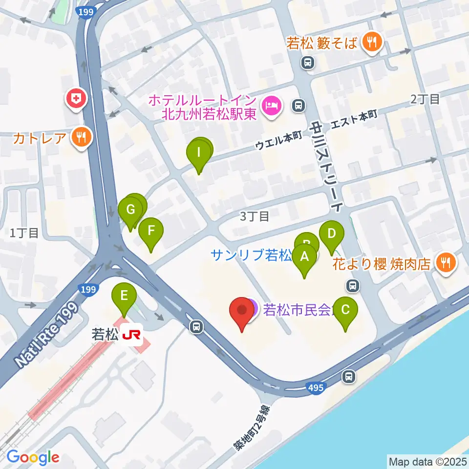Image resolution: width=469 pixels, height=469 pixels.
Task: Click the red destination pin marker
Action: (242, 313)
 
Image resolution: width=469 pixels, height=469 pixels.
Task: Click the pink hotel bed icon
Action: (270, 106)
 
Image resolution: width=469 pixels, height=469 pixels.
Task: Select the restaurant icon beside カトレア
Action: (81, 138)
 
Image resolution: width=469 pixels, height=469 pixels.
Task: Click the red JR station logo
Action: (132, 335)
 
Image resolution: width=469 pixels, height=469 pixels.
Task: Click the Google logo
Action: (33, 458)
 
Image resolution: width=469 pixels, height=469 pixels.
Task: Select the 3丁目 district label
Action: (255, 215)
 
